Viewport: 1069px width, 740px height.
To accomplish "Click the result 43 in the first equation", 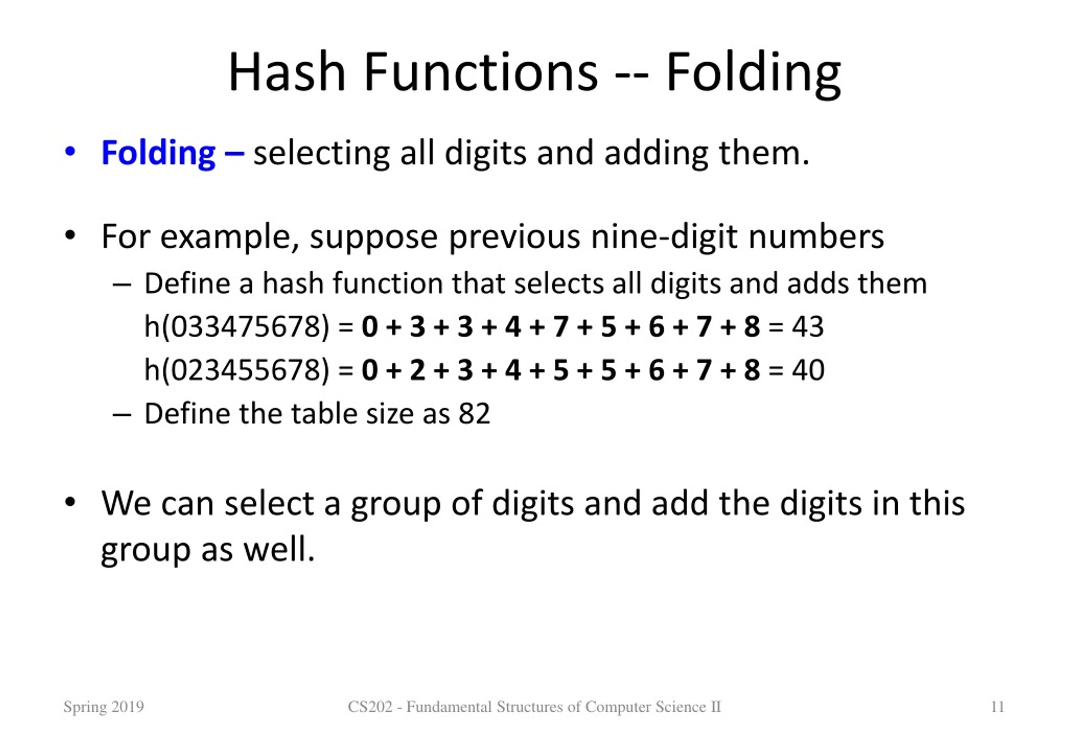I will (x=808, y=327).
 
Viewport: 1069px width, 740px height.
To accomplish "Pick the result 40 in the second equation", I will (x=808, y=370).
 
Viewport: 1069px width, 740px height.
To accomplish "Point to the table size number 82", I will (x=474, y=413).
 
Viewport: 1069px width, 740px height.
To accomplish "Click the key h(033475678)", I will (x=236, y=327).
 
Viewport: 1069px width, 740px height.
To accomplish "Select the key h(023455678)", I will (x=236, y=370).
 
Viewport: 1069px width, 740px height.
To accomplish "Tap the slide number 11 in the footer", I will (x=997, y=707).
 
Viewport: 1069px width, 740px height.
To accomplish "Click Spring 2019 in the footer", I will (x=104, y=707).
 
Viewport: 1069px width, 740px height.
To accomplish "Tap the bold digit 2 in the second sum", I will (x=417, y=370).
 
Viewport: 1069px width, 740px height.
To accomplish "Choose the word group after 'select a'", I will (x=395, y=504).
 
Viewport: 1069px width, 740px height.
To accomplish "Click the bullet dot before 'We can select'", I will (x=70, y=502).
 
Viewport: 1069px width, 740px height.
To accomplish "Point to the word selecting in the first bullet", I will (x=321, y=154).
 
